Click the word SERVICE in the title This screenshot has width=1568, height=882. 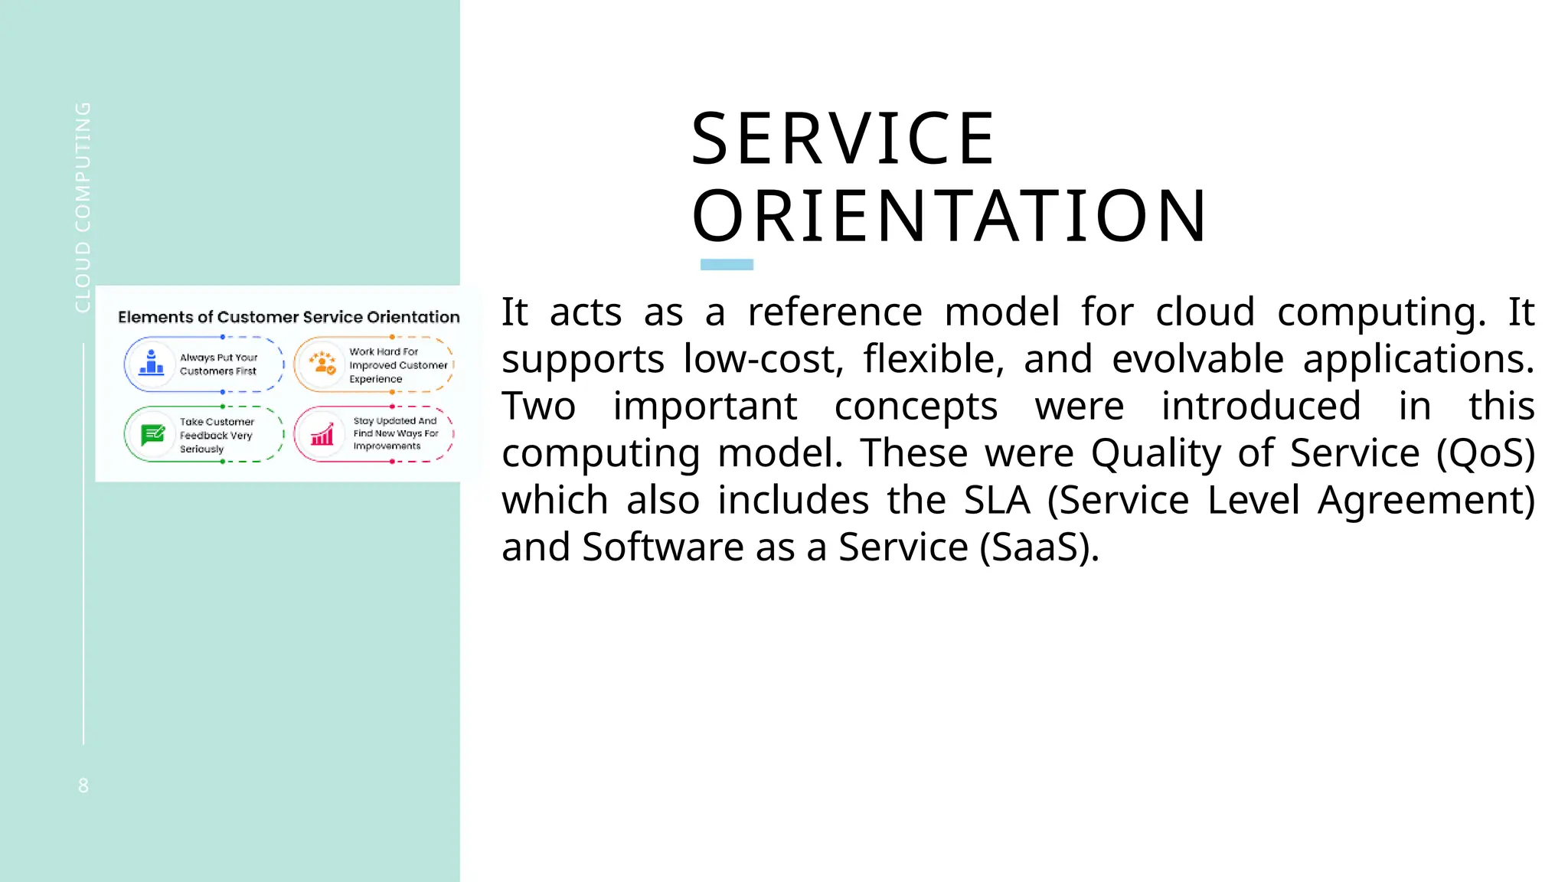(842, 139)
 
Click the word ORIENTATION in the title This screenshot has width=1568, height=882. (949, 217)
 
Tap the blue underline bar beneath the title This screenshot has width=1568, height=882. (727, 265)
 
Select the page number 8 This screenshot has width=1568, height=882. (83, 786)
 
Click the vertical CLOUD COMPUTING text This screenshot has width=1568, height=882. (83, 207)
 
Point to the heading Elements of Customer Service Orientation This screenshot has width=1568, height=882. (289, 317)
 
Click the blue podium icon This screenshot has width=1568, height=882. (152, 364)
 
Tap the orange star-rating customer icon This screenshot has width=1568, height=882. (322, 364)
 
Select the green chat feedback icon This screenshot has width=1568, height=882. (152, 434)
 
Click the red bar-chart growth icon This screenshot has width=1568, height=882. (322, 434)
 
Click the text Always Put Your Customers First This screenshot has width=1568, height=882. (219, 364)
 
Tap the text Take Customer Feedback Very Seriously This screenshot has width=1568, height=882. (217, 435)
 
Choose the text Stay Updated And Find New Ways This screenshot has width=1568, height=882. (395, 433)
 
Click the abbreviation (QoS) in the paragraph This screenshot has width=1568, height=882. (1485, 453)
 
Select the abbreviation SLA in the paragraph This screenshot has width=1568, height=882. (997, 501)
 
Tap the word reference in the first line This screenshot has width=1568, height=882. (835, 312)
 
